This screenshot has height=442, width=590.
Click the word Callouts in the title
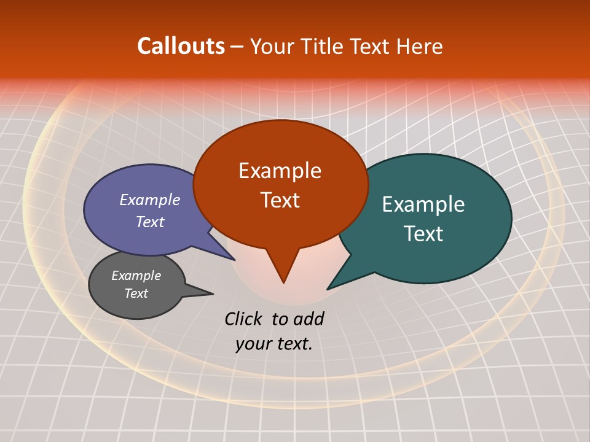[181, 46]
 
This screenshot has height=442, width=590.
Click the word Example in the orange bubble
[280, 171]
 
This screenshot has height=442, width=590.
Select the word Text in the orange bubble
[280, 200]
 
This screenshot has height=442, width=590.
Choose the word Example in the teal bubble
[423, 204]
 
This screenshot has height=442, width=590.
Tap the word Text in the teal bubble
[424, 234]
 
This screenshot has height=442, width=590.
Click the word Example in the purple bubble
[150, 200]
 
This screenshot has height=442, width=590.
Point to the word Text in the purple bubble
[150, 222]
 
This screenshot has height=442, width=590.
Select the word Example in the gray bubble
[136, 276]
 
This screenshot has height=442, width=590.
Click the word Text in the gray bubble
[136, 293]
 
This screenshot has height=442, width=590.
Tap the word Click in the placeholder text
[244, 319]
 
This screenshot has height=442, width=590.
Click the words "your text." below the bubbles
[274, 344]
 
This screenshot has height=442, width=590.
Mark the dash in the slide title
[237, 47]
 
